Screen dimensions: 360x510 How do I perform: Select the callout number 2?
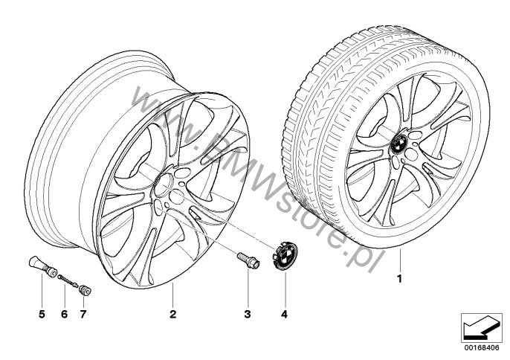click(172, 315)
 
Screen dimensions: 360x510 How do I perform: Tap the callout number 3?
click(248, 315)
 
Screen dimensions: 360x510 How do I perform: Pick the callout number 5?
click(42, 315)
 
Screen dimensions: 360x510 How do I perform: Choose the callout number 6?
click(64, 315)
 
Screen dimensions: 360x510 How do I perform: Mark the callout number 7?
click(83, 315)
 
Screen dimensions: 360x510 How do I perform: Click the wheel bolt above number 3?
click(247, 262)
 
